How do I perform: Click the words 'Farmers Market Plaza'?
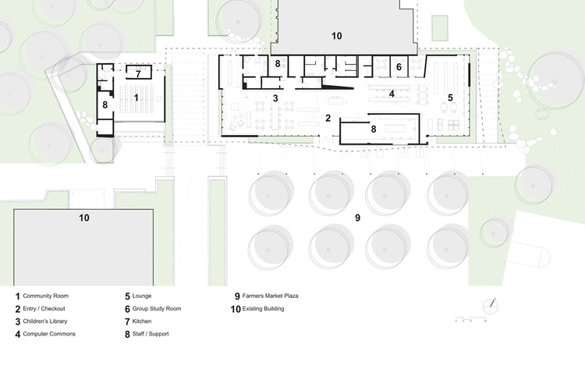270,296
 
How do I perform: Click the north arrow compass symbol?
492,303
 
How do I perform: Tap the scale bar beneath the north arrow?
472,320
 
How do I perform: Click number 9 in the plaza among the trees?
358,218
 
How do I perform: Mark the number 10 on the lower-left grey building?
84,218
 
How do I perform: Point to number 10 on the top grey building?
336,36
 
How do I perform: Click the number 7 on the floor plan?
138,75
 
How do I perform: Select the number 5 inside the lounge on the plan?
450,98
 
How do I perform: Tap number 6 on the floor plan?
399,68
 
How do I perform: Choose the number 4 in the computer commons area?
392,94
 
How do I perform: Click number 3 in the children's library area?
275,98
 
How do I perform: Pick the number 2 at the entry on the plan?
328,119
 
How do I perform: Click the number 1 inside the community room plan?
136,98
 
